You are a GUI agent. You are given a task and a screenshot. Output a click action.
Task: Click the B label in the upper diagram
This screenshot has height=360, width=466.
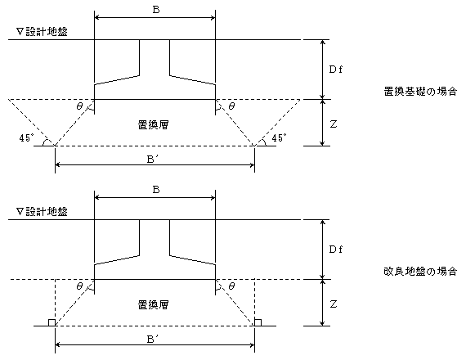click(156, 10)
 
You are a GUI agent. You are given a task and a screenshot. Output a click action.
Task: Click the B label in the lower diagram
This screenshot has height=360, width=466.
click(156, 190)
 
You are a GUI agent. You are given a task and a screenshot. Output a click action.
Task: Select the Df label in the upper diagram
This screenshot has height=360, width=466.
click(336, 70)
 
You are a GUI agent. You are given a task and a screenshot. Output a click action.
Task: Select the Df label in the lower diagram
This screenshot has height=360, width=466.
click(336, 250)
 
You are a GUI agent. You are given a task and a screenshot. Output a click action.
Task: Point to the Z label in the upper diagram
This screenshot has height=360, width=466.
click(334, 124)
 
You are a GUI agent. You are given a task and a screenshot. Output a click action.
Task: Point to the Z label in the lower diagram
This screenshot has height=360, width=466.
click(334, 304)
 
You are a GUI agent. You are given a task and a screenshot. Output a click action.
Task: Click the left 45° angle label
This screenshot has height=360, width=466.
click(26, 138)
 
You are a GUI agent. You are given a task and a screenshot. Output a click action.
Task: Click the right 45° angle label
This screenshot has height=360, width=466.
click(280, 138)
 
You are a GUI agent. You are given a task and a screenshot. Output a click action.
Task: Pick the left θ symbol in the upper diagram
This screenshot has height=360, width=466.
click(79, 106)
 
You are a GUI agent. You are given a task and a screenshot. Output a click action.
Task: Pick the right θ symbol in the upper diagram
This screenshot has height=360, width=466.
click(231, 106)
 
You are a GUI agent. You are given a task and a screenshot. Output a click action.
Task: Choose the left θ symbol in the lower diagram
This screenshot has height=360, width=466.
click(79, 286)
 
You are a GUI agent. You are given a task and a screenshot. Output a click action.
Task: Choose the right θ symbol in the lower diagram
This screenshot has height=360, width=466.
click(231, 286)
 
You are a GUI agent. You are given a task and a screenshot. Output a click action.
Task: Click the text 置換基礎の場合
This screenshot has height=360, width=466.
click(420, 92)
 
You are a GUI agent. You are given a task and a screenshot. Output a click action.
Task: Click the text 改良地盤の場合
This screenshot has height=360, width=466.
click(420, 272)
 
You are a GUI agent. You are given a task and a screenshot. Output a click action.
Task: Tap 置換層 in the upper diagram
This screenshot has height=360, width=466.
click(154, 124)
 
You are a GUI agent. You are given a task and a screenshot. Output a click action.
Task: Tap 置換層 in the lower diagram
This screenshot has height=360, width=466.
click(154, 304)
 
